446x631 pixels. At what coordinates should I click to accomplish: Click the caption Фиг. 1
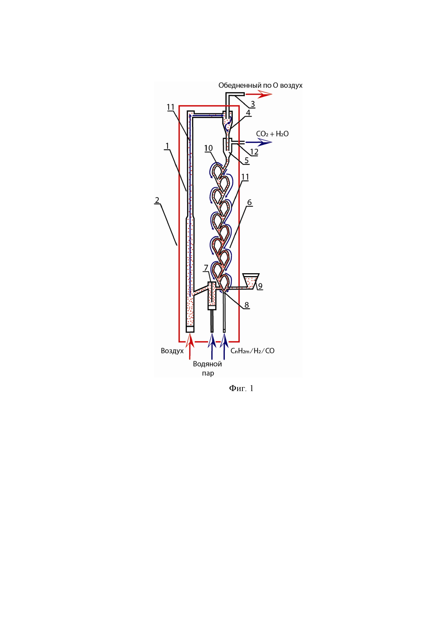coord(241,388)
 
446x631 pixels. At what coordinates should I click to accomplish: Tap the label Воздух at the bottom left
coord(172,351)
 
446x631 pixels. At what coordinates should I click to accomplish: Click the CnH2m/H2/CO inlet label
coord(252,351)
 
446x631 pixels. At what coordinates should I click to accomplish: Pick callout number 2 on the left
coord(157,200)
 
